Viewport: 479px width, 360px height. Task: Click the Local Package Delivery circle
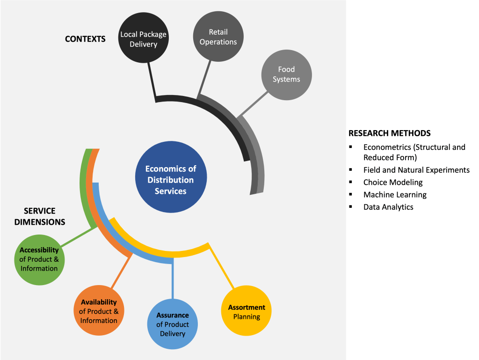point(143,39)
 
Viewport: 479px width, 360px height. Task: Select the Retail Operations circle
point(218,37)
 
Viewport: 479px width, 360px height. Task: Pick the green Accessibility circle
point(39,259)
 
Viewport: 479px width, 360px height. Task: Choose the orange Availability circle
point(99,311)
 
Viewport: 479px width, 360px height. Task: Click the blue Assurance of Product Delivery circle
point(173,324)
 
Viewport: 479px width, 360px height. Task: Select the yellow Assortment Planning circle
point(247,311)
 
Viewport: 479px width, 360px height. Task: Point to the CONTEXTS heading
point(85,39)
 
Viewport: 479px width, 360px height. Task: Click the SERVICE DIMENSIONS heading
point(39,216)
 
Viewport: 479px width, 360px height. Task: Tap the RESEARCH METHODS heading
point(389,133)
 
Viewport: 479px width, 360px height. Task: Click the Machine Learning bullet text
point(395,194)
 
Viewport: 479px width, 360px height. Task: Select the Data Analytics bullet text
point(388,206)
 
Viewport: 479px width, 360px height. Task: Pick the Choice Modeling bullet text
point(393,182)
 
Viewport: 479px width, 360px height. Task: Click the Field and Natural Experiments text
point(416,170)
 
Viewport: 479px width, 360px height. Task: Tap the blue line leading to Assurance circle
point(173,281)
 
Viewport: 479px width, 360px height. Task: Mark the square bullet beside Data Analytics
point(350,206)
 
